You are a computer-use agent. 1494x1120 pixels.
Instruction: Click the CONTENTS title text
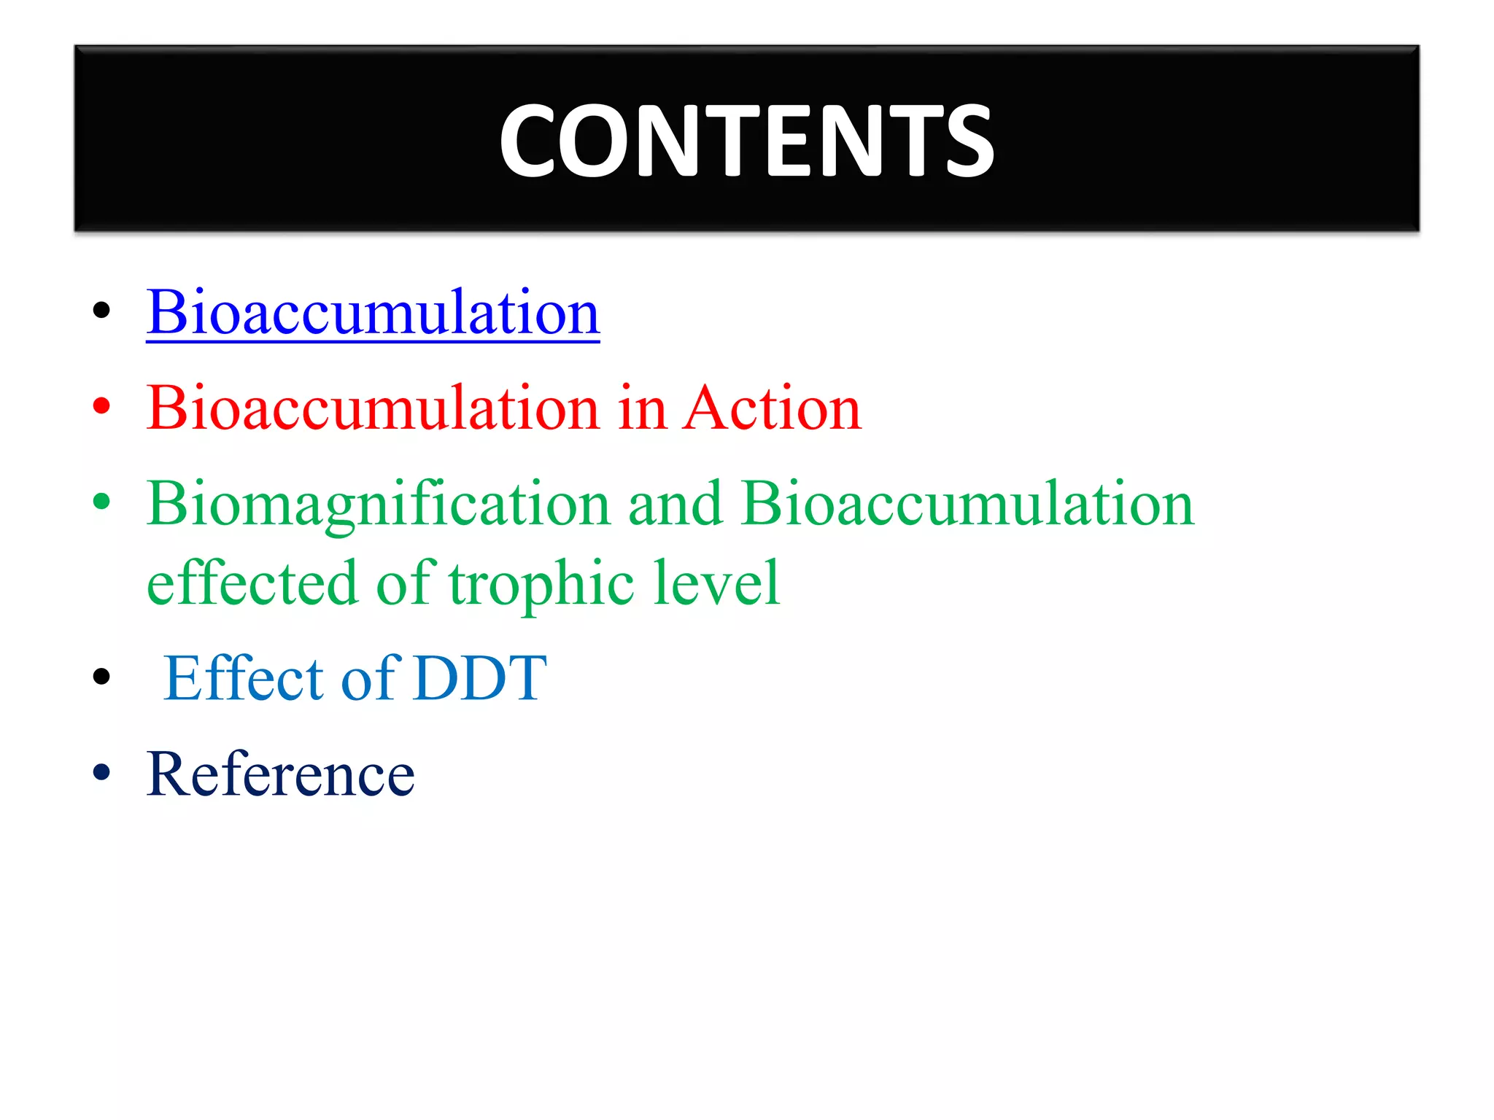746,140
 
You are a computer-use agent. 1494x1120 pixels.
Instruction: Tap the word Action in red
773,408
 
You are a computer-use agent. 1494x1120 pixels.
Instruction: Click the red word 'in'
642,408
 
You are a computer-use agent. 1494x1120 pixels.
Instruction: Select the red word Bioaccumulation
373,408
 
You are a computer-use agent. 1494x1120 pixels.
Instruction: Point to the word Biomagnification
379,505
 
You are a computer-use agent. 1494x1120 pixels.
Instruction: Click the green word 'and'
676,505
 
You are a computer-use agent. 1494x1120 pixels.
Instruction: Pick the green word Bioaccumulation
968,505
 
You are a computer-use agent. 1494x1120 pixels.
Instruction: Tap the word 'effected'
252,583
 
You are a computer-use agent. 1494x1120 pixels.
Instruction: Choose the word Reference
281,774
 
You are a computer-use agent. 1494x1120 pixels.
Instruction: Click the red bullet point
101,406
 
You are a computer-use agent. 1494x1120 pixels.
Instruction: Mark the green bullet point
101,502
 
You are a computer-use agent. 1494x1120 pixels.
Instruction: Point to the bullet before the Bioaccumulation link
101,310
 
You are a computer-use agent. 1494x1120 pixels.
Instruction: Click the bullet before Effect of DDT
101,677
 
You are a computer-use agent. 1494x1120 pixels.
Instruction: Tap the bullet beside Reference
101,772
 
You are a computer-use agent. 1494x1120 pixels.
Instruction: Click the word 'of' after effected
406,583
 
